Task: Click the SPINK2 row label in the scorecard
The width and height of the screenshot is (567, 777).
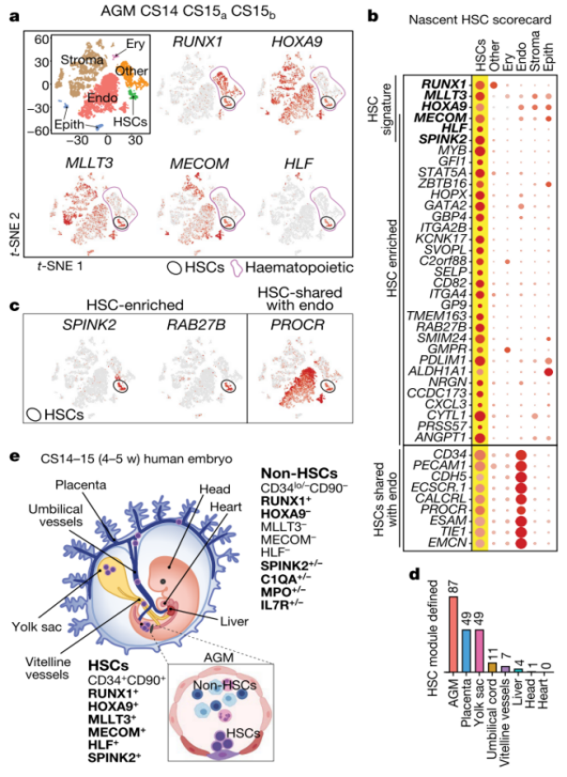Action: click(x=444, y=138)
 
